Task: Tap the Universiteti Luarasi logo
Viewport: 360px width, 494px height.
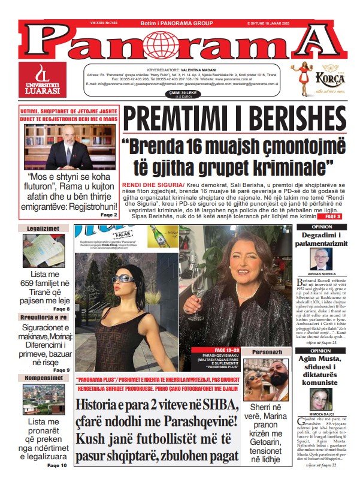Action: [x=43, y=79]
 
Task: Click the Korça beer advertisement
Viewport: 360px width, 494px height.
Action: [x=317, y=79]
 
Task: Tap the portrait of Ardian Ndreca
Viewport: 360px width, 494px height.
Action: [x=321, y=260]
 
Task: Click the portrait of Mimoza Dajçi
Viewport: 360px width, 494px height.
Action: [x=320, y=399]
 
